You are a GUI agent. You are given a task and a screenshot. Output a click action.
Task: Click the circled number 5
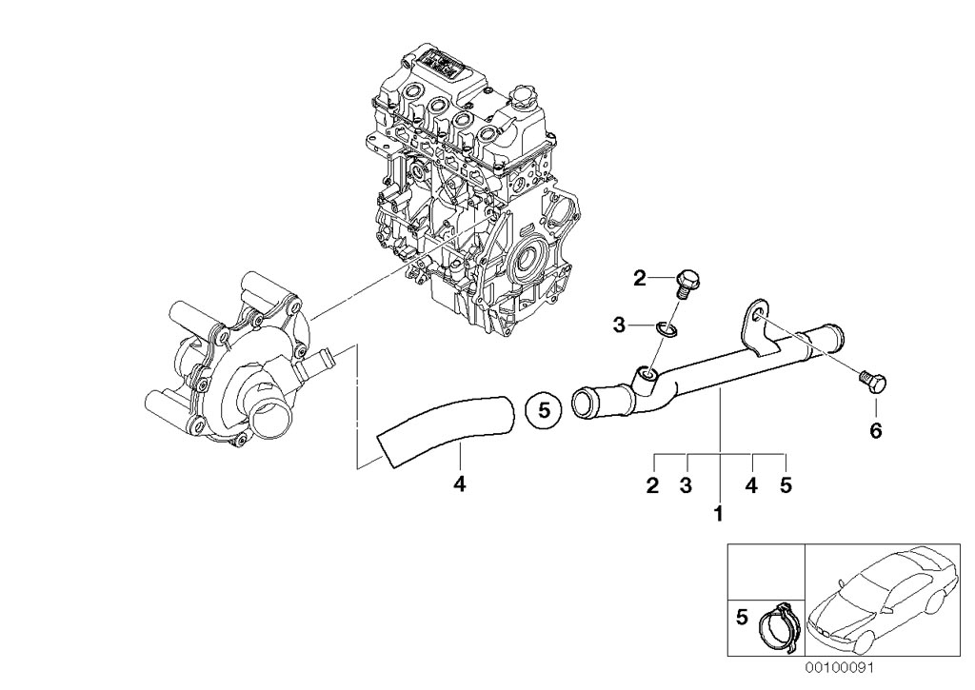[545, 411]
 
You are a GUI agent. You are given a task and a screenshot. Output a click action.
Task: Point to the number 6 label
[875, 431]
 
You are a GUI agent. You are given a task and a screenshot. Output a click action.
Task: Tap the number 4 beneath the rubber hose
[459, 484]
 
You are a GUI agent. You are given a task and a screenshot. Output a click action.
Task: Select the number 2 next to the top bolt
[640, 279]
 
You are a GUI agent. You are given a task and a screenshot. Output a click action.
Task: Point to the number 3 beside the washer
[619, 326]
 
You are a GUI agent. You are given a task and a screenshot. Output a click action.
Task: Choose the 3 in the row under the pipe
[685, 486]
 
